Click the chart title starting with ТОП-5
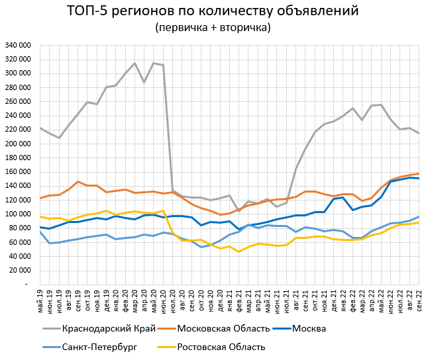pos(213,11)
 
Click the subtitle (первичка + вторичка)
pos(213,28)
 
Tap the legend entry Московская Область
pos(225,328)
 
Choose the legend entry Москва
pos(309,328)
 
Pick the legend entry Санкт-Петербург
pos(99,347)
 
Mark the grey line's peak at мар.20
pos(135,64)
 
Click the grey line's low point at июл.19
pos(60,138)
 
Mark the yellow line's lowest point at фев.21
pos(239,251)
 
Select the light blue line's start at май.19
pos(40,232)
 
